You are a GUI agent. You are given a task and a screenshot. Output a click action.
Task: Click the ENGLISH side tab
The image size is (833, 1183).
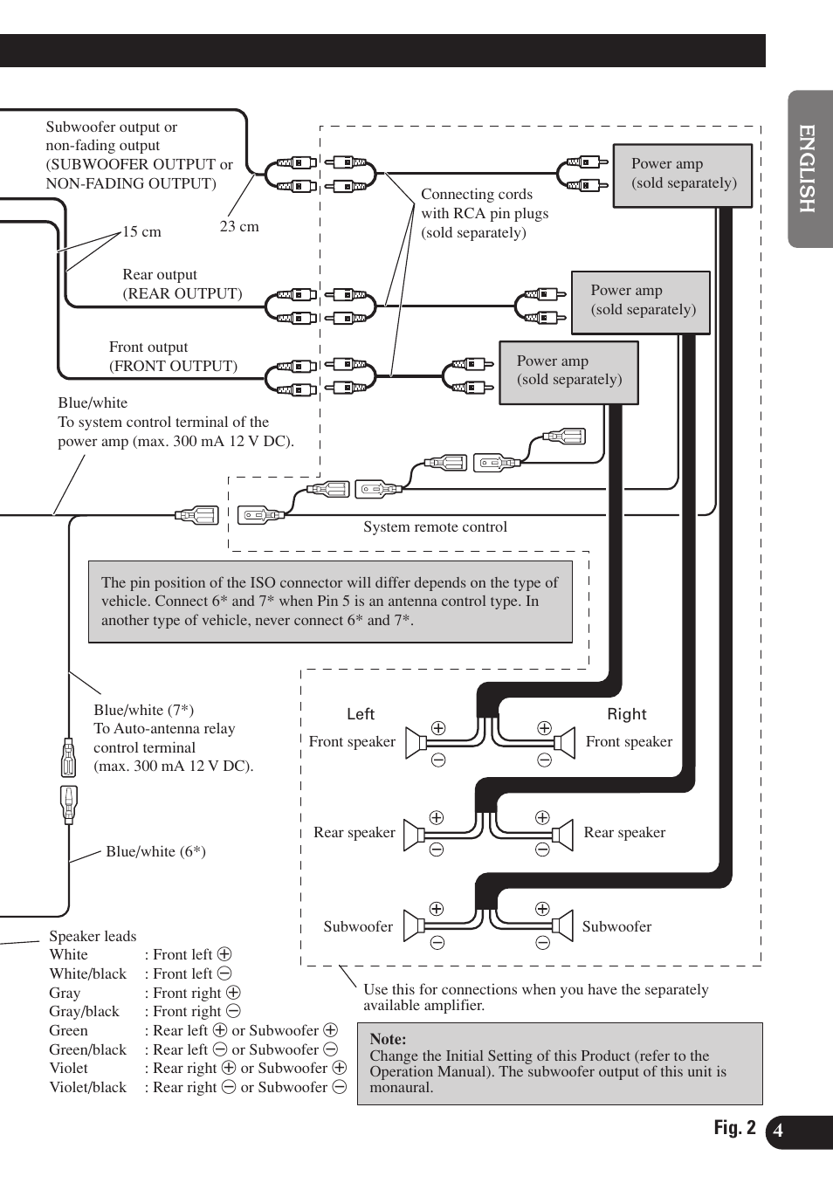pos(809,169)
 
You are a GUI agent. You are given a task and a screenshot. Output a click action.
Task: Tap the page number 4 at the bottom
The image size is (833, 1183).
pos(778,1131)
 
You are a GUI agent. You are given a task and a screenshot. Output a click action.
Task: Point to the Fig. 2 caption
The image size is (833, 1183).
pos(734,1128)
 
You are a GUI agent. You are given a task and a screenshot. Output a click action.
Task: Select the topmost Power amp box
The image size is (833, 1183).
pos(683,175)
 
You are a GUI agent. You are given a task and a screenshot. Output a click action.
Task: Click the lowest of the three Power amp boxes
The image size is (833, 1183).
pos(568,372)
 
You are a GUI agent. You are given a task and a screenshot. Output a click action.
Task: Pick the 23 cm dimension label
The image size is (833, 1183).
pos(239,227)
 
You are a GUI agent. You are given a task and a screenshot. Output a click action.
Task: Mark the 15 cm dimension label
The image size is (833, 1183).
pos(141,232)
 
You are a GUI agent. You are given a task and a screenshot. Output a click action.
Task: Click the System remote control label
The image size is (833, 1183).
pos(435,527)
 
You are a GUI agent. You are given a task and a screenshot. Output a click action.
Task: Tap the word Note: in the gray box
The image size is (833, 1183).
pos(388,1039)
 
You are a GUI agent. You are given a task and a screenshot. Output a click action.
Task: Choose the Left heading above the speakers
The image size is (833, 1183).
pos(361,714)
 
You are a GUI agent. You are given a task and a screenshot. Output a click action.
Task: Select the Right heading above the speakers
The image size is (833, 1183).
pos(627,714)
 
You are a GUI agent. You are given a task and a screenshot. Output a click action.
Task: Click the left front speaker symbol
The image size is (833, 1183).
pos(416,743)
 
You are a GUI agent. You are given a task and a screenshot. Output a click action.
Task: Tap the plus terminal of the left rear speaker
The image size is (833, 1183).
pos(437,818)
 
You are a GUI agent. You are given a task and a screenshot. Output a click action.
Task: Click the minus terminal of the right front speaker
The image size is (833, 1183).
pos(545,760)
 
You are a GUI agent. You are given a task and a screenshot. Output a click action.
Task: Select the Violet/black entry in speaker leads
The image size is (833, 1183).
pos(87,1088)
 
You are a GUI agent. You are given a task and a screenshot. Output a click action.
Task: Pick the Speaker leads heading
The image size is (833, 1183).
pos(93,937)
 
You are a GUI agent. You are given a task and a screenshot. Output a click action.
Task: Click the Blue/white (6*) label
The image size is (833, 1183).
pos(155,852)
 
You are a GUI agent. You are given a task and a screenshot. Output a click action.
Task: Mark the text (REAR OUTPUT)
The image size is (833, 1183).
pos(182,294)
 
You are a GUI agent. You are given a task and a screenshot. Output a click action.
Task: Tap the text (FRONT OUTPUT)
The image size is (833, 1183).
pos(173,367)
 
